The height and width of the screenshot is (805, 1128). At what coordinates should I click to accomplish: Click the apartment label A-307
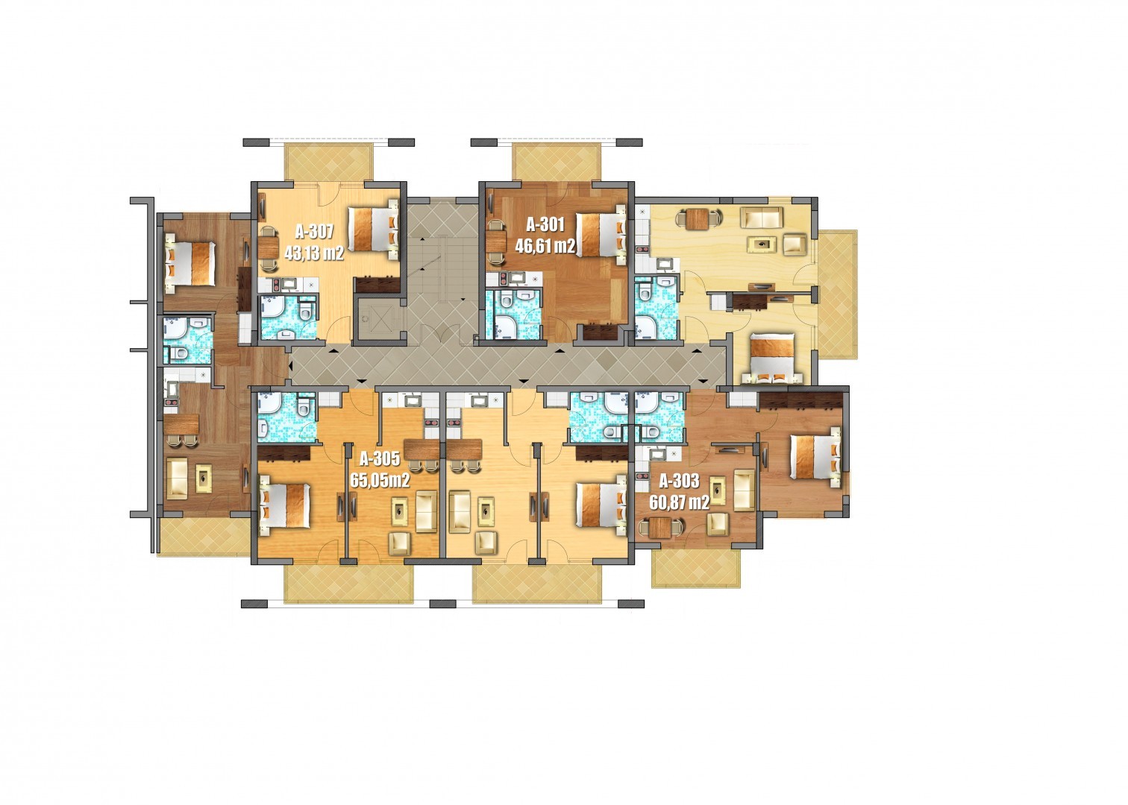314,231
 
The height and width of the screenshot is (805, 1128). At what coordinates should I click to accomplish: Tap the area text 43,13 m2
314,253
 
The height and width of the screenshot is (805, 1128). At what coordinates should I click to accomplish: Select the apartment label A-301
545,224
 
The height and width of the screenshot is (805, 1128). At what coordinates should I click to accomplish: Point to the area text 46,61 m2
545,245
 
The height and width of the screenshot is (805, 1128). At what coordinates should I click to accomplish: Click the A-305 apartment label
380,458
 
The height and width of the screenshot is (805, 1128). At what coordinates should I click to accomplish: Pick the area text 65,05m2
380,481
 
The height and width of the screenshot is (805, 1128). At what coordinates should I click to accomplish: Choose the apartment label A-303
680,481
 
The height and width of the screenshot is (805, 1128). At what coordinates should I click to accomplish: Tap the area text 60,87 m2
680,502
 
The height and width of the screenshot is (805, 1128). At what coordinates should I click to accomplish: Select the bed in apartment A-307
374,229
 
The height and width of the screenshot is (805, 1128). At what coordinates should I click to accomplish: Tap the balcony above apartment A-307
329,161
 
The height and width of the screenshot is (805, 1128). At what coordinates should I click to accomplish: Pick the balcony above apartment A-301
557,161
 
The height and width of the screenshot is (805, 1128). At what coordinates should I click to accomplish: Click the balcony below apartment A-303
696,568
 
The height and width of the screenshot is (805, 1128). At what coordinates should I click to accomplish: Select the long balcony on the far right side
837,294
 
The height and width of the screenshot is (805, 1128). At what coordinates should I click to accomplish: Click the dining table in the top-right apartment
698,219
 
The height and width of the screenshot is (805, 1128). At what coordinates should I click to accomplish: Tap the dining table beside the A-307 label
270,247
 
